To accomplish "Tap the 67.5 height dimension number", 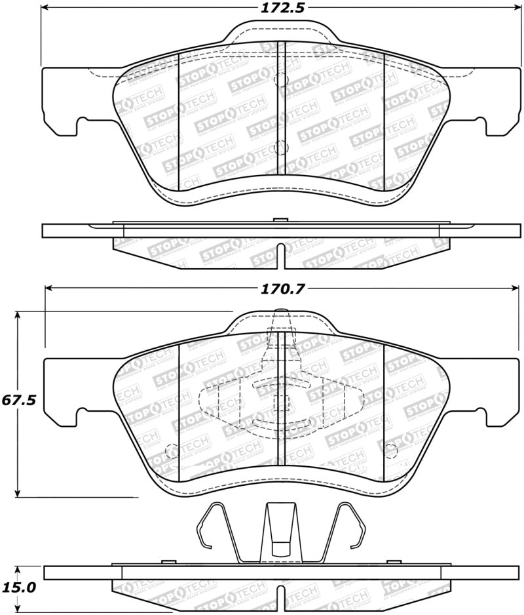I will coord(18,399).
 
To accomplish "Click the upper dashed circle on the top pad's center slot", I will coord(282,80).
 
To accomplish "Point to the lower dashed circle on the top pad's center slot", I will coord(282,147).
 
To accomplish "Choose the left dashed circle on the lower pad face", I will coord(172,451).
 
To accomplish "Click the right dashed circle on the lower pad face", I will coord(391,451).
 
